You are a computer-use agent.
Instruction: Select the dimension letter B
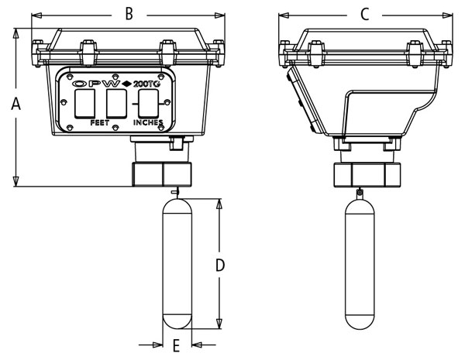pos(129,13)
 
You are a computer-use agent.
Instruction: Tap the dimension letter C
pos(364,13)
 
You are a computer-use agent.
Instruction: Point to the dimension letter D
pos(220,266)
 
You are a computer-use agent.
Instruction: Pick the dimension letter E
pos(176,345)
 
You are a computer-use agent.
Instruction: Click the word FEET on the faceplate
pos(101,122)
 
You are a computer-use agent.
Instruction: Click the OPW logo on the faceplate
pos(97,82)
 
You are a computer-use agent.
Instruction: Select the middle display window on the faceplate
pos(115,103)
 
